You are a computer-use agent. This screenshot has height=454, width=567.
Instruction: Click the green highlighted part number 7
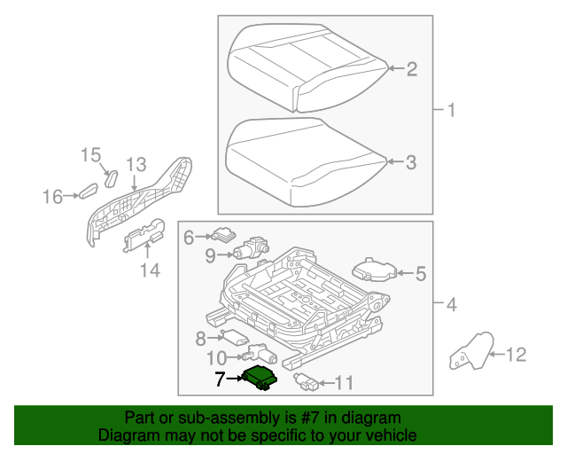coord(260,377)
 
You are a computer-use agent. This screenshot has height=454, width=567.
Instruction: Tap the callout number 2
coord(411,69)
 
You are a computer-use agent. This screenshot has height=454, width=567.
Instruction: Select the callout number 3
coord(411,162)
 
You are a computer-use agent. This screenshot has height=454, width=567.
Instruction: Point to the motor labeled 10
coord(261,354)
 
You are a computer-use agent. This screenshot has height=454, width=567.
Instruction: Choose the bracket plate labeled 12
coord(469,352)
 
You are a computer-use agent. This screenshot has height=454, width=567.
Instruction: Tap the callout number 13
coord(135,164)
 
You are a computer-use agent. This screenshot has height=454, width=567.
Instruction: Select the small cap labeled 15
coord(111,176)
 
